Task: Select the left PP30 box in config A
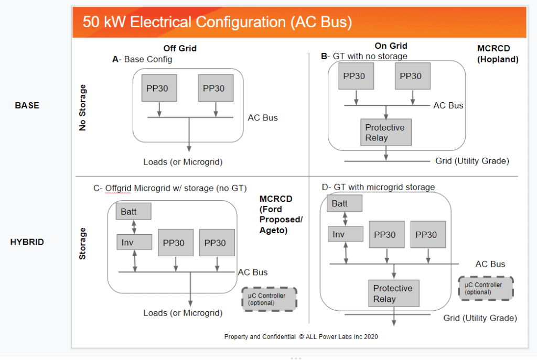pyautogui.click(x=159, y=88)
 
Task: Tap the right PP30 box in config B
pyautogui.click(x=413, y=76)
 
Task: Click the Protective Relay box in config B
pyautogui.click(x=386, y=133)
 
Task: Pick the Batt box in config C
pyautogui.click(x=134, y=212)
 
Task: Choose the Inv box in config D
pyautogui.click(x=346, y=234)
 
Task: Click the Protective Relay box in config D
pyautogui.click(x=394, y=293)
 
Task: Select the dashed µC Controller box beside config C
pyautogui.click(x=270, y=299)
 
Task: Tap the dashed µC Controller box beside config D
pyautogui.click(x=486, y=289)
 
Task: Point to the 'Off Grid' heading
pyautogui.click(x=180, y=48)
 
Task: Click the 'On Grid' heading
pyautogui.click(x=391, y=46)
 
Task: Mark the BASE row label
pyautogui.click(x=27, y=105)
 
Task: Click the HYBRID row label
pyautogui.click(x=27, y=242)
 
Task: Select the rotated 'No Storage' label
pyautogui.click(x=82, y=107)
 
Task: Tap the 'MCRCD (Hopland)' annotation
pyautogui.click(x=498, y=54)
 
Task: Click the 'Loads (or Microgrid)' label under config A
pyautogui.click(x=183, y=162)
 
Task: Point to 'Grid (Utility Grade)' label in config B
pyautogui.click(x=472, y=161)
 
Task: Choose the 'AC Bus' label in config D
pyautogui.click(x=490, y=264)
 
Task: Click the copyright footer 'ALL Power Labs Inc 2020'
pyautogui.click(x=342, y=337)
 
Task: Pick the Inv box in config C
pyautogui.click(x=134, y=242)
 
